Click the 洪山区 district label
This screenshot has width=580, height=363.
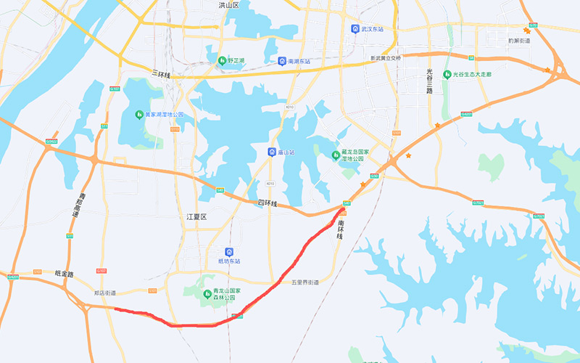pos(228,5)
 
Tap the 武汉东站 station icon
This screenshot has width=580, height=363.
pos(355,29)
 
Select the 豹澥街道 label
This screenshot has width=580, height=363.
pos(519,41)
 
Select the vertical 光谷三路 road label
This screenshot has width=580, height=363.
pos(429,82)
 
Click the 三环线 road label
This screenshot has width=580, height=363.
pos(161,75)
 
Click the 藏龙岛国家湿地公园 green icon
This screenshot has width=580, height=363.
pos(335,153)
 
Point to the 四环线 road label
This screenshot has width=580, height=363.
pos(268,204)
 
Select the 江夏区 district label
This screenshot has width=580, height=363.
pos(196,216)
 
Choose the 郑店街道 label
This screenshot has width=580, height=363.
pos(104,293)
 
